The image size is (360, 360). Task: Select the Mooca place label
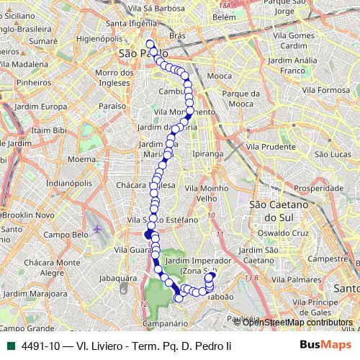tap(219, 75)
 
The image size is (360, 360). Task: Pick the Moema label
tap(84, 158)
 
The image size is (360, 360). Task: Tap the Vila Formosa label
tap(325, 90)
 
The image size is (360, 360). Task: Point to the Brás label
tap(177, 35)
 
